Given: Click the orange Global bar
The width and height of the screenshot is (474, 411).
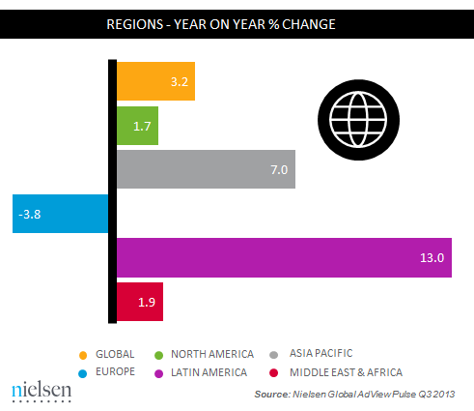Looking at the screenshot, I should (x=155, y=81).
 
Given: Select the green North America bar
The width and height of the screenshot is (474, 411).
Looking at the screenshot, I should (x=137, y=126).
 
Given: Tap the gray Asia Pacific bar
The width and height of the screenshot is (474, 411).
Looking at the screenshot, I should (x=206, y=169).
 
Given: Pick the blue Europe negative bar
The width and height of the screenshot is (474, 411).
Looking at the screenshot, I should (x=60, y=215).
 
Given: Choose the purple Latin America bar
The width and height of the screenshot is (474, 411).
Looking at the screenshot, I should (x=284, y=258).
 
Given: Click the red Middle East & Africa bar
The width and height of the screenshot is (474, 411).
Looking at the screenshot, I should (x=140, y=302).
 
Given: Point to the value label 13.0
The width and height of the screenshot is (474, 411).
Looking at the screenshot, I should (x=431, y=258).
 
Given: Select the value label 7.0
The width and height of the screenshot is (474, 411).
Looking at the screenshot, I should (x=278, y=170).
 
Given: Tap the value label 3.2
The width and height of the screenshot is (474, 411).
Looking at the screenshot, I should (x=179, y=82).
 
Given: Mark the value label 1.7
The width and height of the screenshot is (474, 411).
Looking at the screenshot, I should (x=143, y=126).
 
